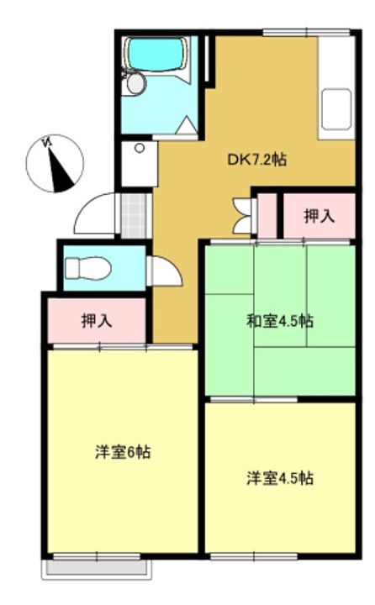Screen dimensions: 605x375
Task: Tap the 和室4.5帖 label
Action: click(280, 321)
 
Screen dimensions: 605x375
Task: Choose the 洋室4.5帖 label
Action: click(280, 478)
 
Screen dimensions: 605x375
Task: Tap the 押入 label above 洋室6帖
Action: click(97, 320)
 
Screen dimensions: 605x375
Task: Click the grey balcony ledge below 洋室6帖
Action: click(95, 567)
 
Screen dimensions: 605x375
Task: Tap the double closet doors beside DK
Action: click(245, 216)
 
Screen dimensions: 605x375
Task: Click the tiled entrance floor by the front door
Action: click(133, 215)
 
